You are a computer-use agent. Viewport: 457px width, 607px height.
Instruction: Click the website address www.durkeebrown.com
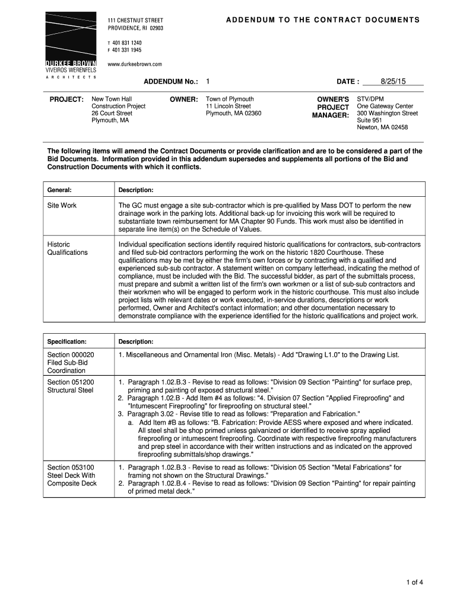135,64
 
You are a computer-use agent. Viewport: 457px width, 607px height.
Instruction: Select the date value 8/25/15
392,81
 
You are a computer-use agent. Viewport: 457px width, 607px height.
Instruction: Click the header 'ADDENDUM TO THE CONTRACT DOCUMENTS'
322,20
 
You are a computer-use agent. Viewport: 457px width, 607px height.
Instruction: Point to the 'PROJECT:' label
66,99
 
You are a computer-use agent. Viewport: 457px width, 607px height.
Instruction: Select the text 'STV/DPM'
370,99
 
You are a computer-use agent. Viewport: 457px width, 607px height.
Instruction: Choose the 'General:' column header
59,190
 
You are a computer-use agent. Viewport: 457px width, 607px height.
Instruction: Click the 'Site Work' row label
62,206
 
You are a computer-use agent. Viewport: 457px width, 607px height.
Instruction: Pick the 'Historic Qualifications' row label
67,248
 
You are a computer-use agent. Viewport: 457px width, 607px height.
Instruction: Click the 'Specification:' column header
67,341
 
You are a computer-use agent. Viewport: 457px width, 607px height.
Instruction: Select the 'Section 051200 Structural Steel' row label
71,386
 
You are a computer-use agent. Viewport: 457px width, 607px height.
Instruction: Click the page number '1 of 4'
414,582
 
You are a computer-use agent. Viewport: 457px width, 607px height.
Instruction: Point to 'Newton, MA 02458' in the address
382,127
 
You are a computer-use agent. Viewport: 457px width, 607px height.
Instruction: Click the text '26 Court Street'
112,113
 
